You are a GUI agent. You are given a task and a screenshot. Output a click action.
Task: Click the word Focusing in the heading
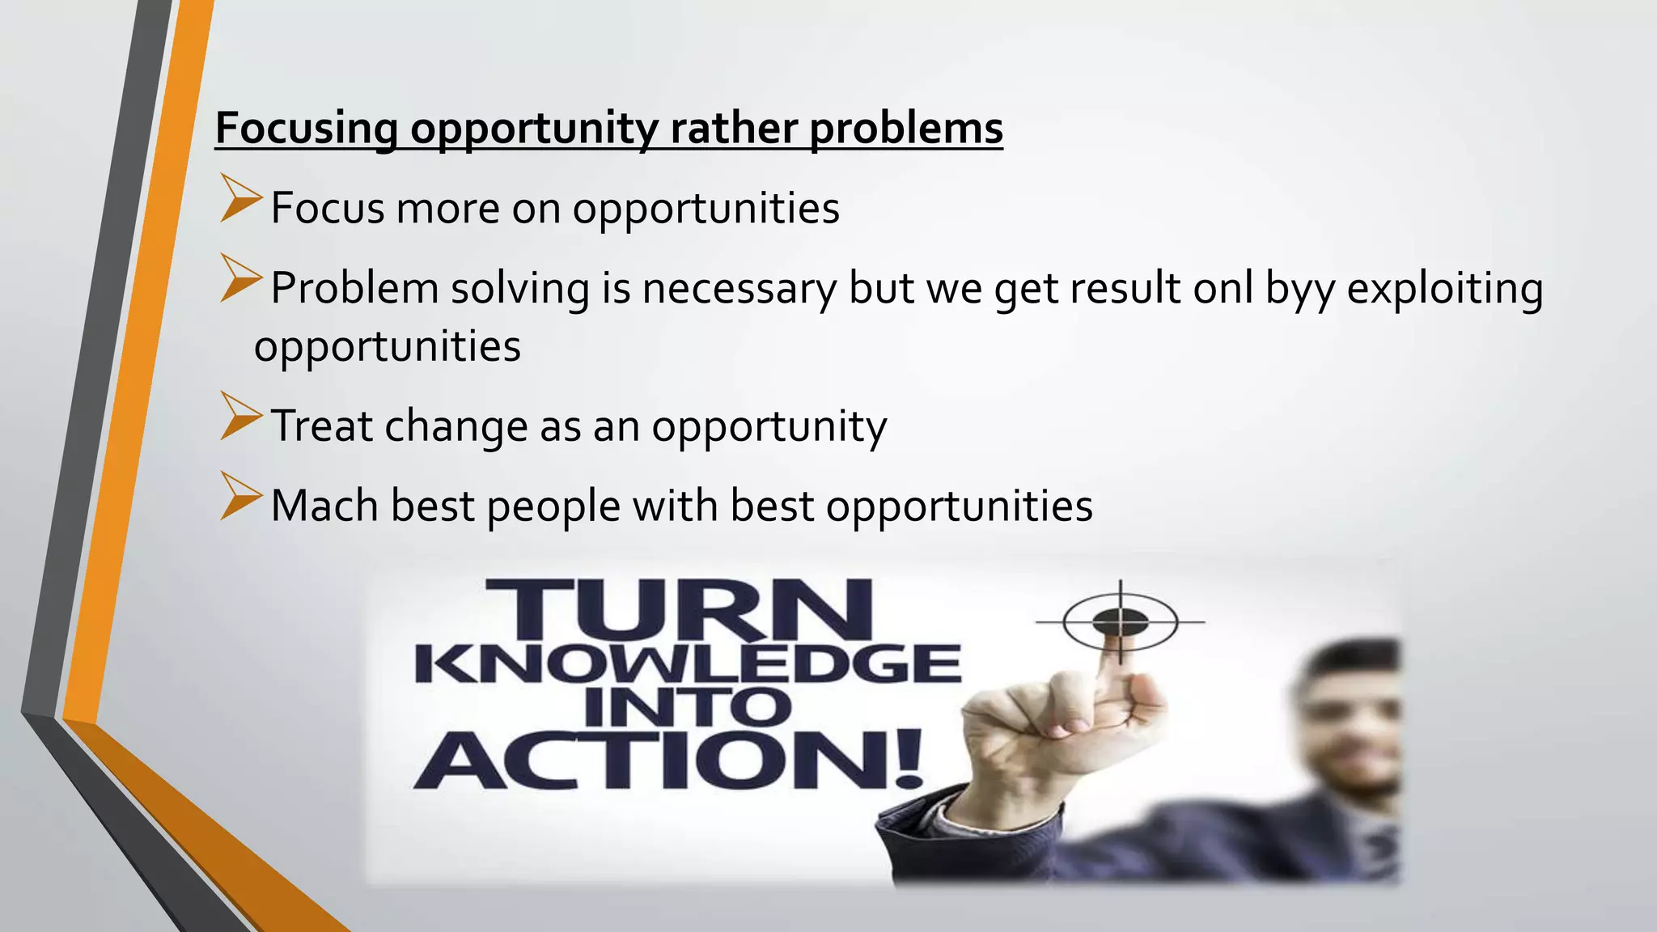click(x=306, y=129)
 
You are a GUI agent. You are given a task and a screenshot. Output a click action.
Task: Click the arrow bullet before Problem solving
click(x=240, y=279)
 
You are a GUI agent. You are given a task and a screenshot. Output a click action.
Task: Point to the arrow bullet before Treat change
click(x=240, y=417)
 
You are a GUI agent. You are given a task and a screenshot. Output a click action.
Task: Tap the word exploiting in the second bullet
click(x=1444, y=289)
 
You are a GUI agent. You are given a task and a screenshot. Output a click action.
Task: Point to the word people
click(x=553, y=507)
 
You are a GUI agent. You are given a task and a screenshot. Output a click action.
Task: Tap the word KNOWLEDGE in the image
click(x=687, y=665)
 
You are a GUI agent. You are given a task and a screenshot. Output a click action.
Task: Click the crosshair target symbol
click(x=1120, y=621)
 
